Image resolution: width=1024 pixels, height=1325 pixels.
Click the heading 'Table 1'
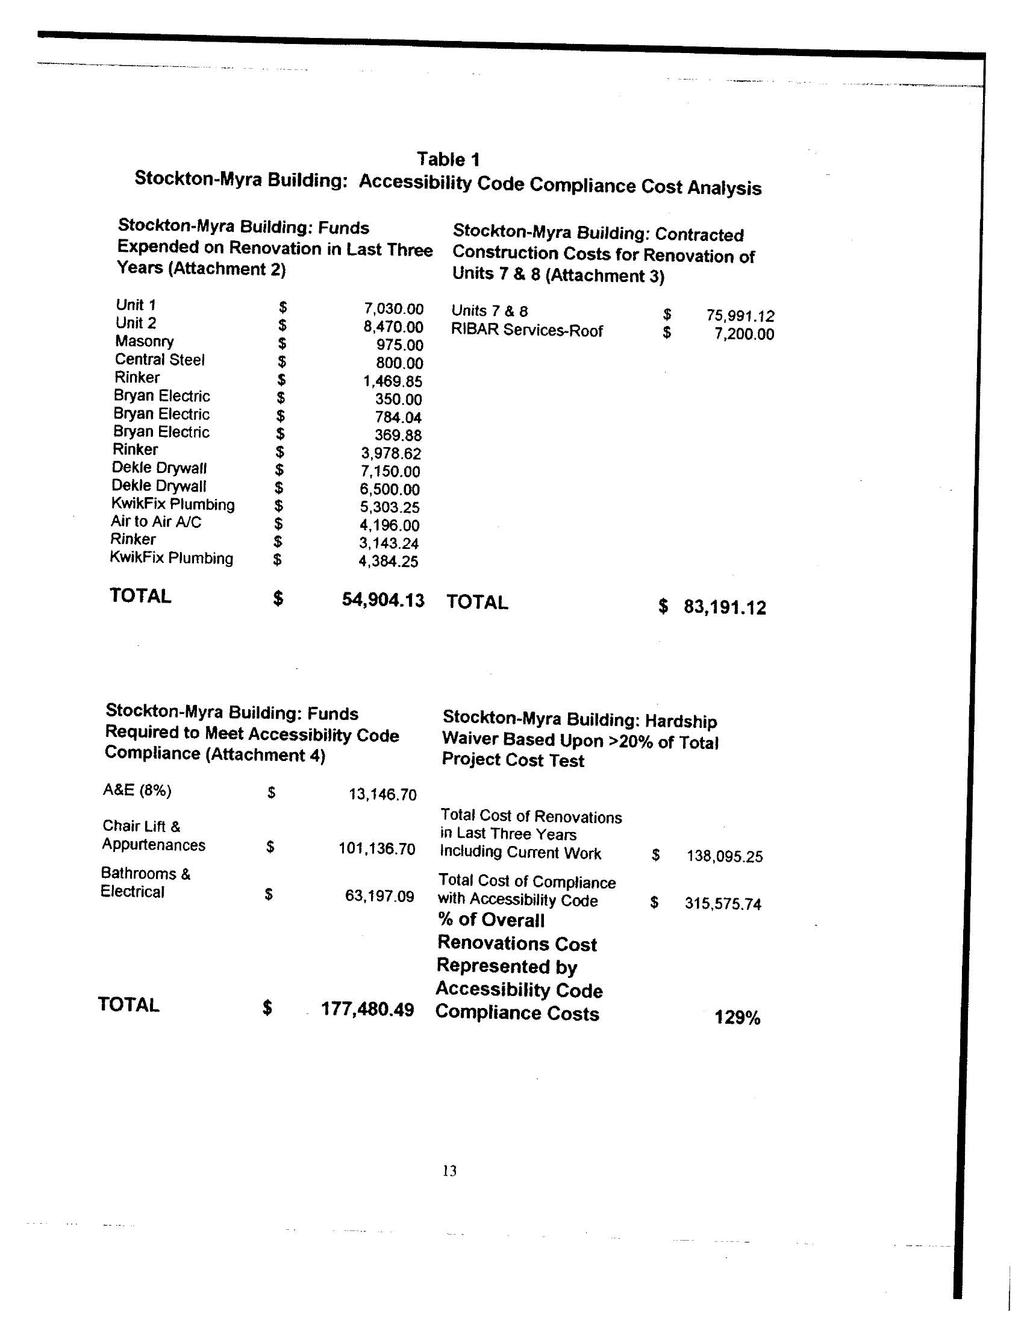[448, 160]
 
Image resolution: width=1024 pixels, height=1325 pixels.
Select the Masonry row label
[145, 342]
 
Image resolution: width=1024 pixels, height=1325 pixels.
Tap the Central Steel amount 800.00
[399, 363]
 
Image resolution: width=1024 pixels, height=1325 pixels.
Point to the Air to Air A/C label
[156, 522]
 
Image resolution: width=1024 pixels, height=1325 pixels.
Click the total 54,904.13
[382, 600]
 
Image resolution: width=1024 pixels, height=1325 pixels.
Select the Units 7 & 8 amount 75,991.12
[740, 316]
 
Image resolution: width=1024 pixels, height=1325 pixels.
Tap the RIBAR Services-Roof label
[526, 331]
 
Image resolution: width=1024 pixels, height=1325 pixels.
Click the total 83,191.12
[725, 607]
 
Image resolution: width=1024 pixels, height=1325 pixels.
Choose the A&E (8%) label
[137, 791]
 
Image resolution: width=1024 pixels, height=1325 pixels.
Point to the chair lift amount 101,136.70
[376, 848]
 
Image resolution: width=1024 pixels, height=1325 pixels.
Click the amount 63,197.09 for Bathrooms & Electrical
[379, 896]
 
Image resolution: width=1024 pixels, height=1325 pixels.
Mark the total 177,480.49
[367, 1009]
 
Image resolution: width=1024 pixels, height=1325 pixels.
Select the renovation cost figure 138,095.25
[724, 857]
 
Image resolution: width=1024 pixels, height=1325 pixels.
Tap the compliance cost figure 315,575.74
[723, 904]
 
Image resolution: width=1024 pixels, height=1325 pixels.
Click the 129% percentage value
[737, 1018]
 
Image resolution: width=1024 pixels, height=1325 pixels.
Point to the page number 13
[449, 1171]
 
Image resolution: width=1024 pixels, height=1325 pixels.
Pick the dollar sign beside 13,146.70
[271, 792]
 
